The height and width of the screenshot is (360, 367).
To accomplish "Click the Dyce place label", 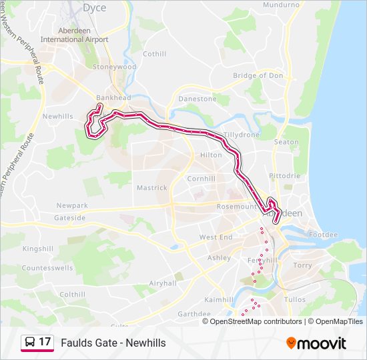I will pos(94,8).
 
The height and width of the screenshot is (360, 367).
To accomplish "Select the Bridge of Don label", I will pos(258,75).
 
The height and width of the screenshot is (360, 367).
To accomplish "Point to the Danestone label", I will pos(198,99).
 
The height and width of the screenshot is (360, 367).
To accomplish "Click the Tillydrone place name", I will pos(241,135).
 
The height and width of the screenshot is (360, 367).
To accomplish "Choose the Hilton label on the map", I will pos(211,155).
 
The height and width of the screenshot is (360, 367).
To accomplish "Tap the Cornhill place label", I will pos(201,179).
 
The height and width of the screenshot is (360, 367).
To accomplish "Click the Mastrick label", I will pos(152,188).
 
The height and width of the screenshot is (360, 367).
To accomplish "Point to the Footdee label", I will pos(324,235).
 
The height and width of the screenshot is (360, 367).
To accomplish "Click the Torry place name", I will pos(302,265).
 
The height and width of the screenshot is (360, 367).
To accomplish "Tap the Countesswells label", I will pos(47,267).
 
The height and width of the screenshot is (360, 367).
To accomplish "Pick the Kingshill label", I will pos(37,249).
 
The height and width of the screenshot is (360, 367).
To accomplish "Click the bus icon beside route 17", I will pos(29,343).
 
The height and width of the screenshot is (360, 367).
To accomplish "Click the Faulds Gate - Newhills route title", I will pos(113,343).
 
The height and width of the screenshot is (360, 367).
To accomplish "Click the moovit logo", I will pos(316,343).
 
